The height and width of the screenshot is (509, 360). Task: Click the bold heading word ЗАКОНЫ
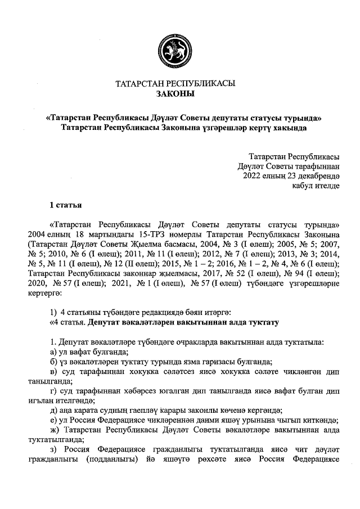[175, 94]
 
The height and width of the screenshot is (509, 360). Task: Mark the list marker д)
[54, 410]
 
